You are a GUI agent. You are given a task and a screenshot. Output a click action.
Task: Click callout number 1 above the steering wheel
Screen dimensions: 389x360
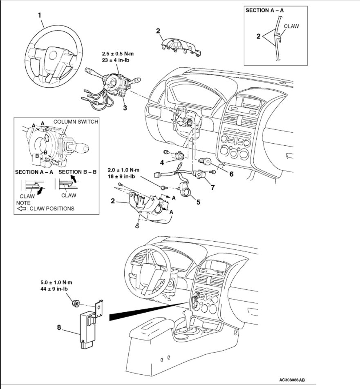pyautogui.click(x=40, y=15)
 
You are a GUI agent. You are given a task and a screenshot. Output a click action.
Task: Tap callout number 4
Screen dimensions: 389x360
pyautogui.click(x=162, y=162)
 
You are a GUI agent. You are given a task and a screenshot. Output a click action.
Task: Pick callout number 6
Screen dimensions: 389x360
pyautogui.click(x=231, y=174)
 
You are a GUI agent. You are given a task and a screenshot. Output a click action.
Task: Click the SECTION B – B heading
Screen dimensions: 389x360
pyautogui.click(x=77, y=172)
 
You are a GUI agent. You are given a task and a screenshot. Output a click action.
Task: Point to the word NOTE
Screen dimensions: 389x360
pyautogui.click(x=23, y=202)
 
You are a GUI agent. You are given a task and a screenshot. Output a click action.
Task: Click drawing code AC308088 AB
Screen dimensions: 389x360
pyautogui.click(x=292, y=380)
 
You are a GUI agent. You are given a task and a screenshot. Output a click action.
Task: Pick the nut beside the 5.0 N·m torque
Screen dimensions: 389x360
pyautogui.click(x=76, y=304)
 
